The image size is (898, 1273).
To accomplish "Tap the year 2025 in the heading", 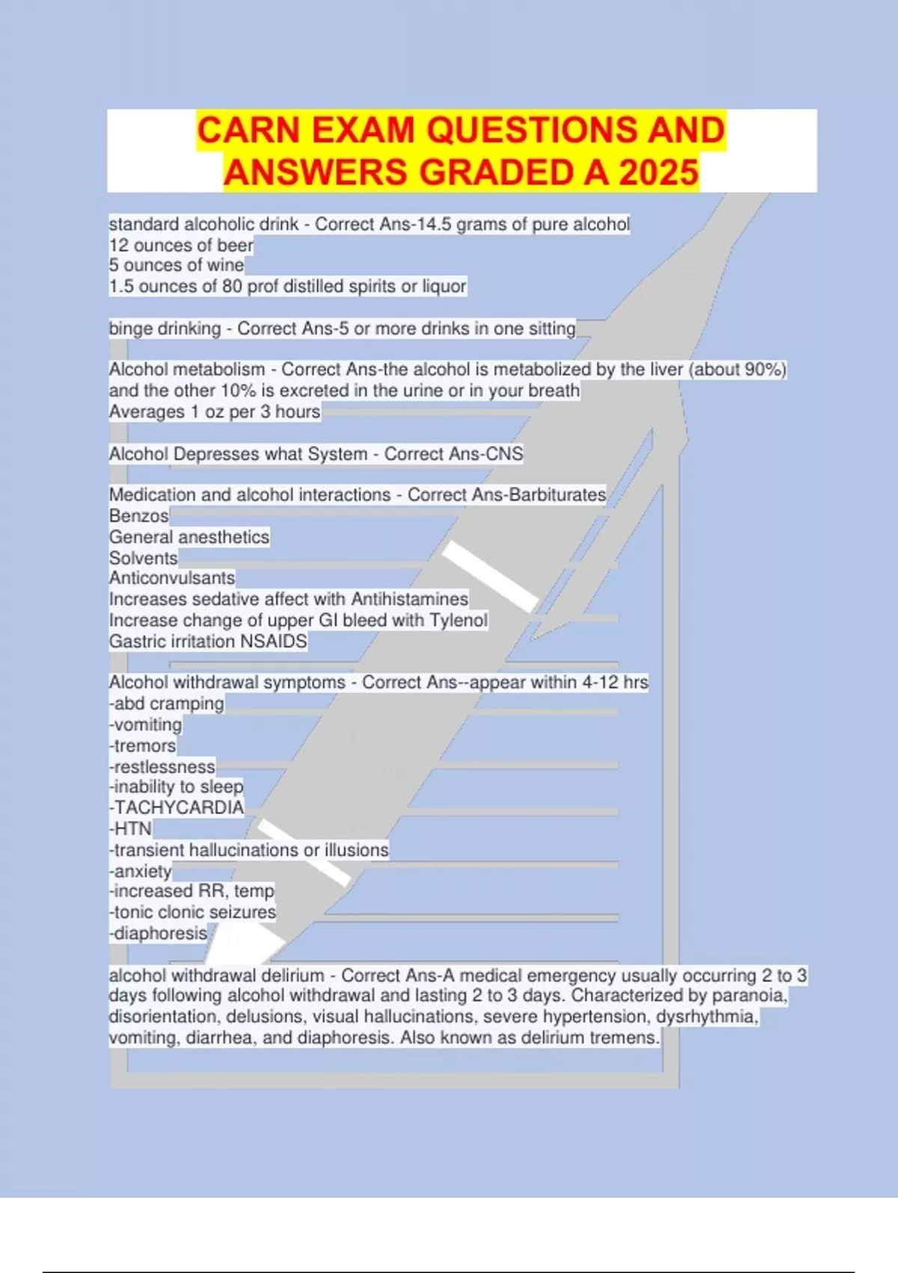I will click(x=659, y=172).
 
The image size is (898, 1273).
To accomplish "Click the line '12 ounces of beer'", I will click(x=181, y=245).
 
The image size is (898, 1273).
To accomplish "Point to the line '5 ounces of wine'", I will click(x=177, y=265).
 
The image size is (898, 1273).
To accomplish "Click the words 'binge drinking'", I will click(x=165, y=329).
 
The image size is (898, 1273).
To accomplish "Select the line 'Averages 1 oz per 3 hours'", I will click(x=215, y=412).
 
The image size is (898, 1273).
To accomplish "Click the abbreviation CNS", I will click(x=504, y=454).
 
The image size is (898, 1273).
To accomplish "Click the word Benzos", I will click(x=139, y=516).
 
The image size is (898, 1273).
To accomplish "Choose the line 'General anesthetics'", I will click(x=189, y=537).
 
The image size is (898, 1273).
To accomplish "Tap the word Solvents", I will click(x=144, y=558).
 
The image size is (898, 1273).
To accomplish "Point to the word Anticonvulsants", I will click(x=172, y=578).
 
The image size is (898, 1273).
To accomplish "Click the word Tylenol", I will click(x=458, y=620).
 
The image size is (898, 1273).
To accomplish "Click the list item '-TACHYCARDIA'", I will click(x=177, y=807).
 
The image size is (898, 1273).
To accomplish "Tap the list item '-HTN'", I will click(x=131, y=828).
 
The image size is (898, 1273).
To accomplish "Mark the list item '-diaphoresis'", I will click(x=159, y=933).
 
